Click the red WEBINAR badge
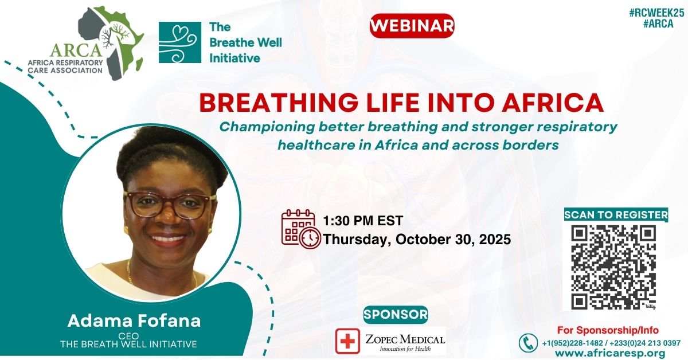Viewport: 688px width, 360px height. pyautogui.click(x=412, y=26)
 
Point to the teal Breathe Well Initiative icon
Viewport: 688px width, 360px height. pyautogui.click(x=179, y=42)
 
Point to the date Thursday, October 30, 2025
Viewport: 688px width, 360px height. pyautogui.click(x=417, y=239)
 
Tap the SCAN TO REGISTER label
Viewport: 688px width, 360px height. pyautogui.click(x=616, y=215)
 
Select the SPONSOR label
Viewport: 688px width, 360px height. pyautogui.click(x=396, y=314)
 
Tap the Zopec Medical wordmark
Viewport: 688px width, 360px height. pyautogui.click(x=404, y=341)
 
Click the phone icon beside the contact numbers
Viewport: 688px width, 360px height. pyautogui.click(x=528, y=343)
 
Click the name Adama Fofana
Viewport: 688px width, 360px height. pyautogui.click(x=134, y=321)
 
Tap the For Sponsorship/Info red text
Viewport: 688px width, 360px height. pyautogui.click(x=608, y=330)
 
